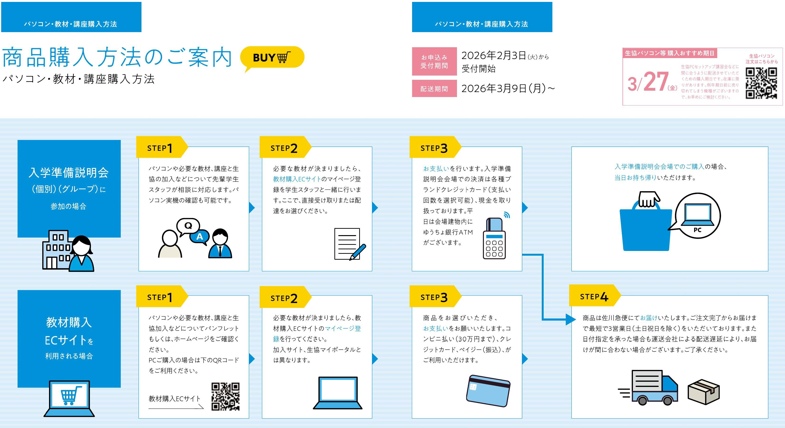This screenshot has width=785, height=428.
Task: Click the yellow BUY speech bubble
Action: click(272, 58)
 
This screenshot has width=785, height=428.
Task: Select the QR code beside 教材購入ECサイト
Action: click(226, 396)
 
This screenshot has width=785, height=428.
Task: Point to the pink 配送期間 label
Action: click(434, 89)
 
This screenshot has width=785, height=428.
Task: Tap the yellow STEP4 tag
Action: click(594, 296)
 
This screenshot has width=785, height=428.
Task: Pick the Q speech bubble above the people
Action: click(188, 226)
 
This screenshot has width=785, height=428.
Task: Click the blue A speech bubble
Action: click(200, 236)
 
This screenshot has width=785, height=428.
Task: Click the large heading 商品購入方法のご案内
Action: click(117, 57)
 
